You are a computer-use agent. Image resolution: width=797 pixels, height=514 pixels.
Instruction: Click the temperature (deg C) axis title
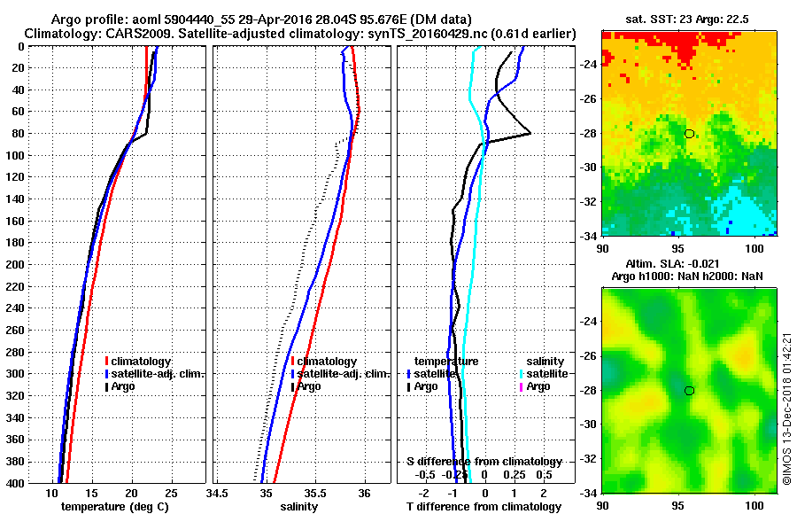pos(114,507)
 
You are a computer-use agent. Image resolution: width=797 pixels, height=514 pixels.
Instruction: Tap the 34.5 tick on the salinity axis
pos(217,494)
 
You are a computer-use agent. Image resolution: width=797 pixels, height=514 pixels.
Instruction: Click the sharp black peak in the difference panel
pos(530,133)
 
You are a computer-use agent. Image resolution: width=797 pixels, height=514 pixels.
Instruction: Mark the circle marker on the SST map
pos(689,134)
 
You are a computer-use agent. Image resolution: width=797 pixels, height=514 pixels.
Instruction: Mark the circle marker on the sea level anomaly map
pos(689,391)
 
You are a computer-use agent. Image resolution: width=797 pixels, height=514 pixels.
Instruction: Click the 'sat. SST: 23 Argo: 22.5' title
pos(690,19)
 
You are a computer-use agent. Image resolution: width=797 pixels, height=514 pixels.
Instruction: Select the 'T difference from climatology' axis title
pos(484,507)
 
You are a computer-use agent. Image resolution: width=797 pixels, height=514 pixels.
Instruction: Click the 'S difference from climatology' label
pos(484,462)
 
